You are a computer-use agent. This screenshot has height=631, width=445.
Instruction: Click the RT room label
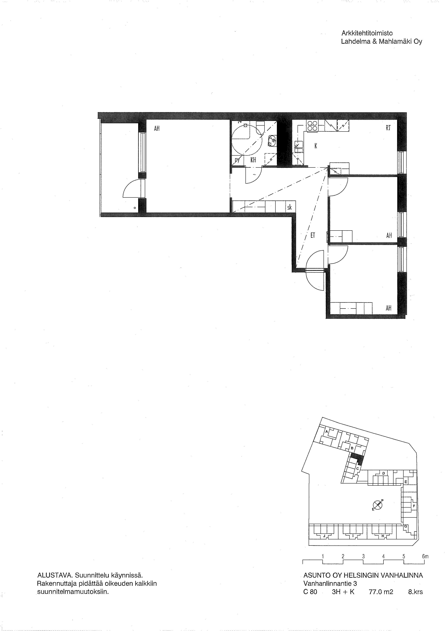click(x=388, y=128)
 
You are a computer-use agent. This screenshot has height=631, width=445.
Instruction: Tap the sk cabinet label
click(x=289, y=208)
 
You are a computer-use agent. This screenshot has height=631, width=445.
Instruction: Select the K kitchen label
click(x=316, y=146)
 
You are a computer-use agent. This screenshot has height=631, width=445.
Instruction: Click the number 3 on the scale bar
click(x=363, y=556)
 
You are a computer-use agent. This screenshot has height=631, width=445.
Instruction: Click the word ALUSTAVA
click(x=55, y=575)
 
